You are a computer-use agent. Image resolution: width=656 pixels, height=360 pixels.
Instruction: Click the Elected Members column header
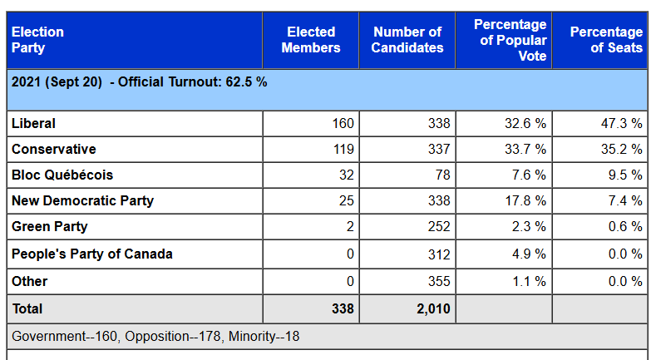[311, 40]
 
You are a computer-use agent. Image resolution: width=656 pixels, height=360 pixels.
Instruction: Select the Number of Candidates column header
[407, 40]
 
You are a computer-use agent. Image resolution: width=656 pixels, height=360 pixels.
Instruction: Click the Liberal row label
[33, 123]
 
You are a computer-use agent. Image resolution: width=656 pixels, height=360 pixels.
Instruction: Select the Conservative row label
[53, 149]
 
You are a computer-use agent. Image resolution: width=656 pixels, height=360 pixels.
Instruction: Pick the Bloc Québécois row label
[62, 175]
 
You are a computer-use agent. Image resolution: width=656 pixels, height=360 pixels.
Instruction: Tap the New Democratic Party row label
[82, 200]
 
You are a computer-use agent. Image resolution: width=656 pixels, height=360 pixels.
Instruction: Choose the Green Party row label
[49, 226]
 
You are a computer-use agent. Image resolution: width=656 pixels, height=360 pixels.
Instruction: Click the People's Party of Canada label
[92, 254]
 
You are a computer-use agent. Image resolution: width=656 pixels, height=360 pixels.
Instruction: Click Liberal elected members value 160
[343, 123]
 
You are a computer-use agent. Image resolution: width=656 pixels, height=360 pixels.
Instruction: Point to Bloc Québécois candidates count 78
[441, 175]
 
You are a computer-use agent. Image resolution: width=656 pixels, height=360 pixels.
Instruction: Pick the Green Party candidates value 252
[437, 226]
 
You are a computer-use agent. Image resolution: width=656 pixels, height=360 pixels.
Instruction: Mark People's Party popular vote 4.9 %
[529, 254]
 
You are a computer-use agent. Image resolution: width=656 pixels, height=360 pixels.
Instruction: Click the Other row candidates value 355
[437, 281]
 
